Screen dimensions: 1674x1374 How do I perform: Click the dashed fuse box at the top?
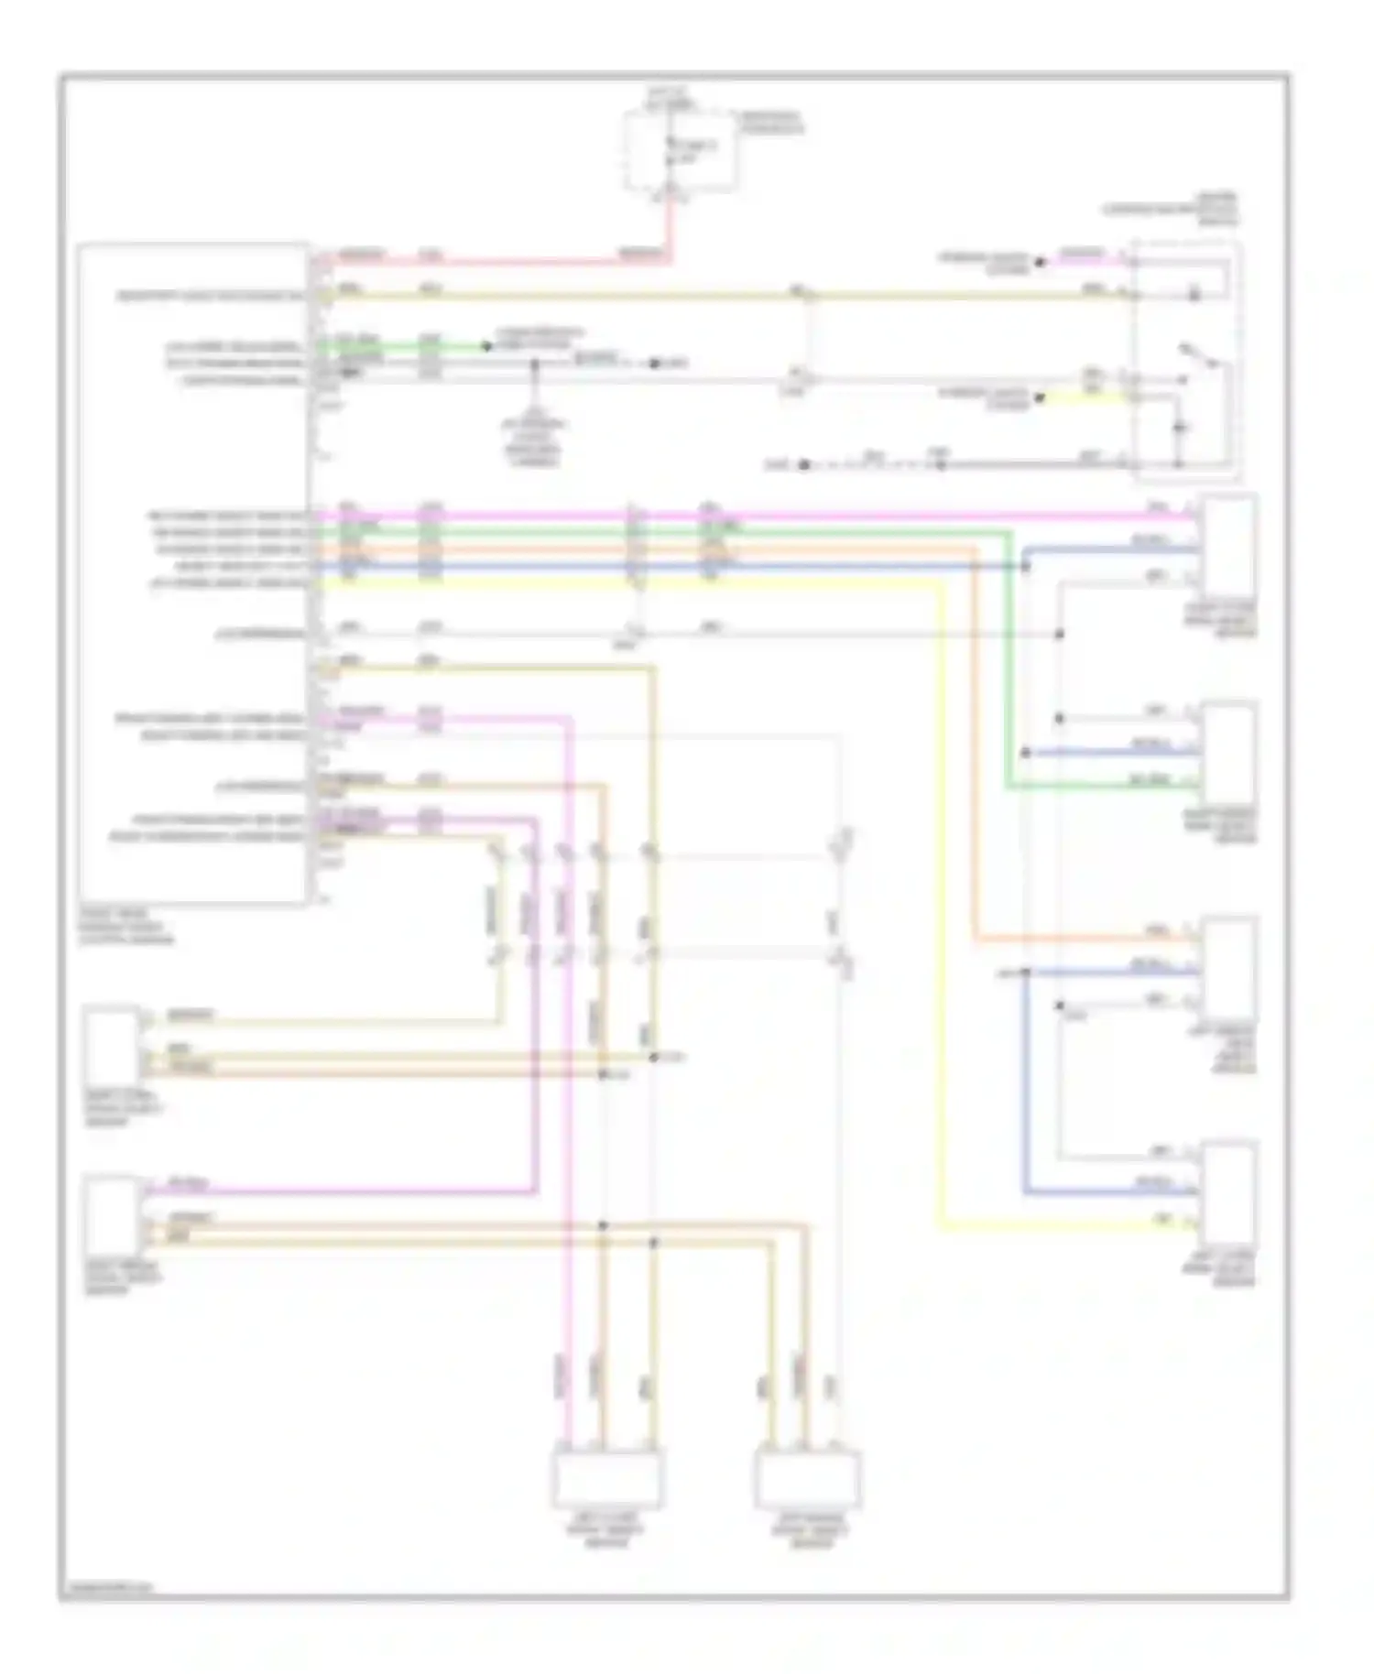[680, 151]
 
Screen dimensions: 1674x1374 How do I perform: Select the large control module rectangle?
[192, 572]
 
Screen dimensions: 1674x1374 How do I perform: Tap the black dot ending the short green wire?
[487, 347]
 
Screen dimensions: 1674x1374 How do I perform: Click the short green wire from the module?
[403, 347]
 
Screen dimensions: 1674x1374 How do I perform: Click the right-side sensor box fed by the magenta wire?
[1229, 545]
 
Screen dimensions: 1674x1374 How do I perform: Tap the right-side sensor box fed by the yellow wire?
[1229, 1190]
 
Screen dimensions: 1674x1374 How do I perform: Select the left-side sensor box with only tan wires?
[112, 1044]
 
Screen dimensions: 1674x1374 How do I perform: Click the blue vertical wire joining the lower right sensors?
[1026, 1081]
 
